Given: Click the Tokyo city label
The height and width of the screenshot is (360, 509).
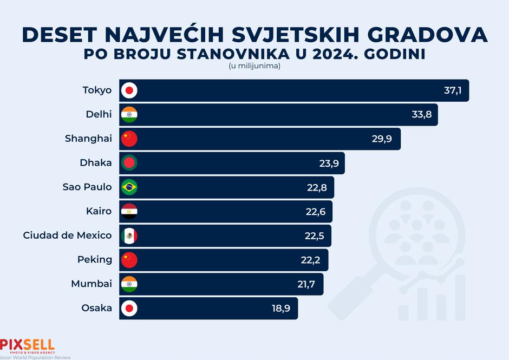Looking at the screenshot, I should pos(97,90).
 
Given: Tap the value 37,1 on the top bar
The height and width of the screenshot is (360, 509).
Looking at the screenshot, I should pos(453,90).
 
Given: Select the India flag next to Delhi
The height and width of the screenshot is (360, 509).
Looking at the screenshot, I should pos(129,115).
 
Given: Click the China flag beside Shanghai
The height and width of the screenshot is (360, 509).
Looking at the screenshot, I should pos(129,139).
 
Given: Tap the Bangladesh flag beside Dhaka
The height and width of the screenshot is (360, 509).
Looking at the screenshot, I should pos(129,163).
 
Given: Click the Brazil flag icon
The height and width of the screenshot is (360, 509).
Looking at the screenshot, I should pos(129,187).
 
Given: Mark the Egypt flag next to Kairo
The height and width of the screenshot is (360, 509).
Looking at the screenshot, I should pos(129,211).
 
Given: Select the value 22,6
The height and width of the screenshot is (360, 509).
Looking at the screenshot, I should pos(316,212).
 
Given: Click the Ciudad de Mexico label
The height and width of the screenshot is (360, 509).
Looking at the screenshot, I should pos(68,235).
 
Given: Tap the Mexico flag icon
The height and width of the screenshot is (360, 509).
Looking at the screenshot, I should pos(129,235).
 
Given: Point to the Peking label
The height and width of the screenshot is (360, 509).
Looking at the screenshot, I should pos(95,260).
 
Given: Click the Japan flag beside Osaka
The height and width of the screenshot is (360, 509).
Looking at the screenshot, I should pos(129,308).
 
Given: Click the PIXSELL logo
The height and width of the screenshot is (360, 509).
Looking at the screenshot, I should pos(28,345).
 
